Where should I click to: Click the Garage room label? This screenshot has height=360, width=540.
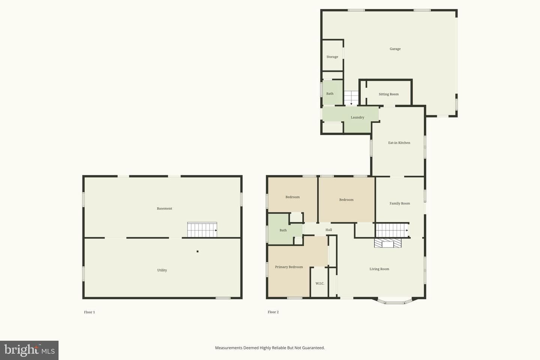tap(395, 49)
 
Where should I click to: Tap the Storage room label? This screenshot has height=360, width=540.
tap(332, 57)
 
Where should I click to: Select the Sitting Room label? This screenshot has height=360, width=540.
tap(388, 94)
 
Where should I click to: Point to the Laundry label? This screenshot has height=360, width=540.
tap(357, 117)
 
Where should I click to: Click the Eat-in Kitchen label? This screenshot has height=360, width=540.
tap(399, 143)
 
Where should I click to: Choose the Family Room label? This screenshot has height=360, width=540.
tap(400, 204)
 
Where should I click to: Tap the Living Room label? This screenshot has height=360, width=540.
tap(379, 269)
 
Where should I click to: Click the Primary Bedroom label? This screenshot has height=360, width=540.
tap(289, 267)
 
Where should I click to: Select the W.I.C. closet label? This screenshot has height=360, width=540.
tap(319, 283)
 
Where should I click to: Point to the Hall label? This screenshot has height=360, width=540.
tap(328, 230)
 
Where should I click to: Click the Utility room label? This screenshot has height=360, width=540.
tap(162, 270)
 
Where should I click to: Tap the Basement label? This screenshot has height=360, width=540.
tap(164, 208)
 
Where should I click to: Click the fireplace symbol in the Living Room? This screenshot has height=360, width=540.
tap(388, 243)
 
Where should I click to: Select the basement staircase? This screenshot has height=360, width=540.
tap(202, 229)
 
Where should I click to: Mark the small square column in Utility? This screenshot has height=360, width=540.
tap(197, 252)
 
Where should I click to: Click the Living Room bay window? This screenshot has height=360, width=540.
tap(394, 301)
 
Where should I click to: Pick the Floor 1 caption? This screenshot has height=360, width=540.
tap(89, 312)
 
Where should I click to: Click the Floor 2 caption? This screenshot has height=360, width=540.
tap(273, 312)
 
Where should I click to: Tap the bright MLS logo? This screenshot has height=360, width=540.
tap(29, 350)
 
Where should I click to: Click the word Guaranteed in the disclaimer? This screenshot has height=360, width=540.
tap(313, 348)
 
